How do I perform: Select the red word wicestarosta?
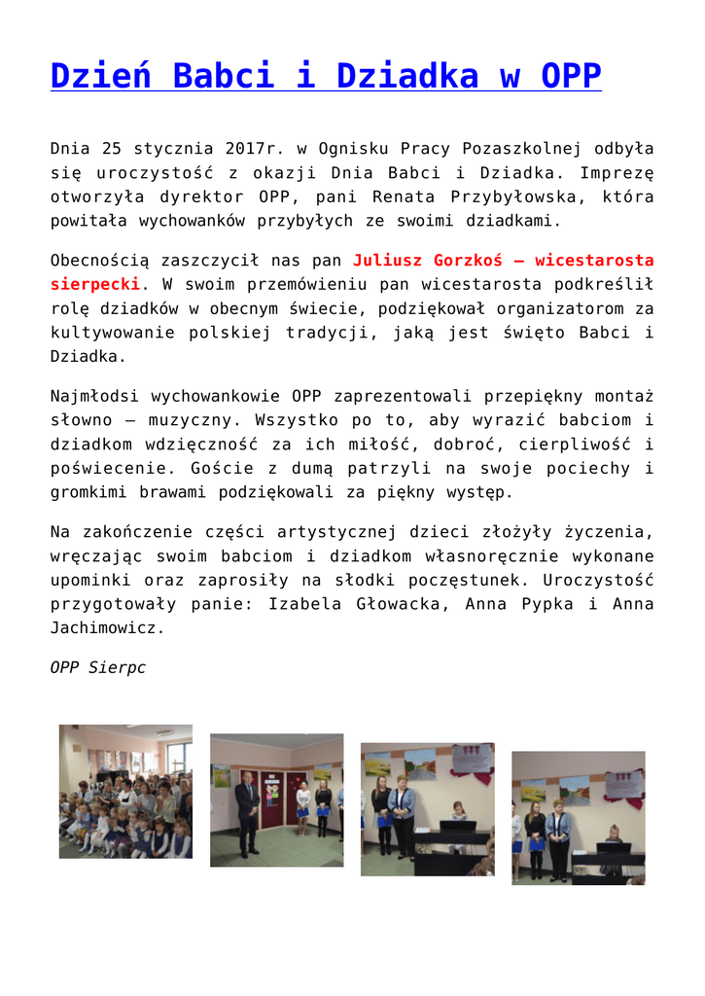coord(594,261)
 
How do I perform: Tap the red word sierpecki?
coord(95,284)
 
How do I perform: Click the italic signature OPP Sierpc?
coord(97,668)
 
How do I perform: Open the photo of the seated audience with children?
coord(125,791)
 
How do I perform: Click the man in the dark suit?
coord(248,812)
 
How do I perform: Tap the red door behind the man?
coord(270,796)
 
